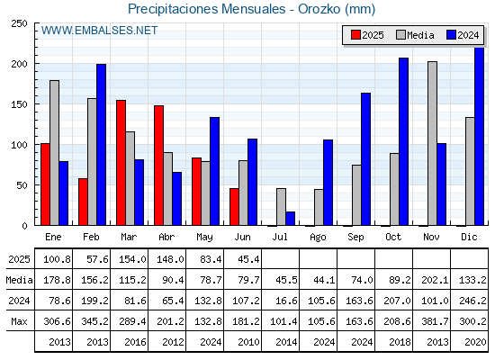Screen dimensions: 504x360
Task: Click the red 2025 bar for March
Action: [x=121, y=163]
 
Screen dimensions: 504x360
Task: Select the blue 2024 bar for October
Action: [x=404, y=142]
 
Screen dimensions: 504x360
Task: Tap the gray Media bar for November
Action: [x=432, y=144]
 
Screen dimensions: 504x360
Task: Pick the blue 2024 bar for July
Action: [x=290, y=219]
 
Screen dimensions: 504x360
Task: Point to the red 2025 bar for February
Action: [x=83, y=202]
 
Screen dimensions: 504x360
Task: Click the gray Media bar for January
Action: [x=54, y=153]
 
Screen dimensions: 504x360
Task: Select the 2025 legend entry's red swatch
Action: [x=355, y=35]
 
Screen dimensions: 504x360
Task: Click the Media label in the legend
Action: [x=420, y=35]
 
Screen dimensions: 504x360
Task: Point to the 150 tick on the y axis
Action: [x=35, y=104]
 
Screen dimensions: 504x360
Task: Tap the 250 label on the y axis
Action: [x=19, y=23]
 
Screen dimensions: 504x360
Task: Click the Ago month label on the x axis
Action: [x=318, y=238]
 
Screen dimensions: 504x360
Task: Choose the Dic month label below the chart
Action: [x=469, y=237]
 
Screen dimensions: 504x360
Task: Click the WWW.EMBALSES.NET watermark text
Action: [x=99, y=31]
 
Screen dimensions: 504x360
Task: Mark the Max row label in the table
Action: [x=19, y=321]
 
